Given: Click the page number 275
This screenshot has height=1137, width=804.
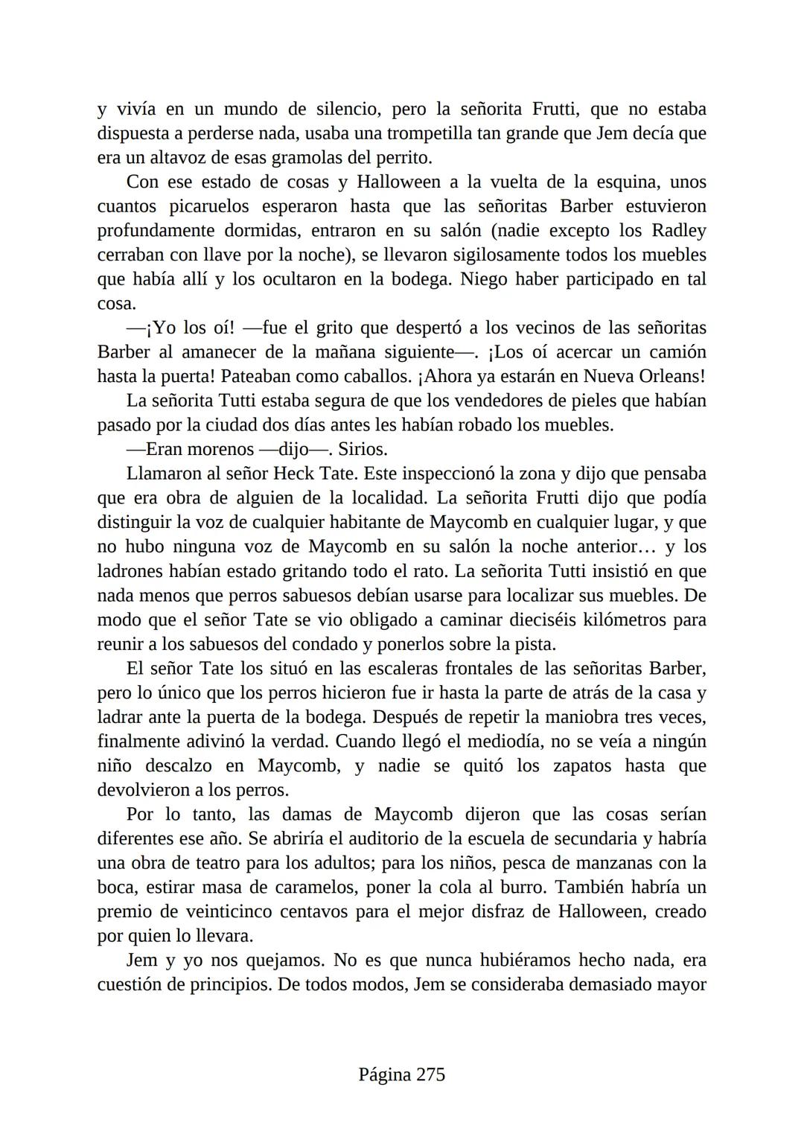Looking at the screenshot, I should (x=430, y=1074).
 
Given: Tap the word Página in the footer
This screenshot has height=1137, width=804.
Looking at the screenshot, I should (x=384, y=1074).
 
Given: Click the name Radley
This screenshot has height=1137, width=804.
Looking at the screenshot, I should (x=679, y=231).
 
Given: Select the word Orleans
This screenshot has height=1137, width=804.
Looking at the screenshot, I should (x=666, y=377).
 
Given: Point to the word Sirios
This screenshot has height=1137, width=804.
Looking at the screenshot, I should (x=363, y=450).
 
